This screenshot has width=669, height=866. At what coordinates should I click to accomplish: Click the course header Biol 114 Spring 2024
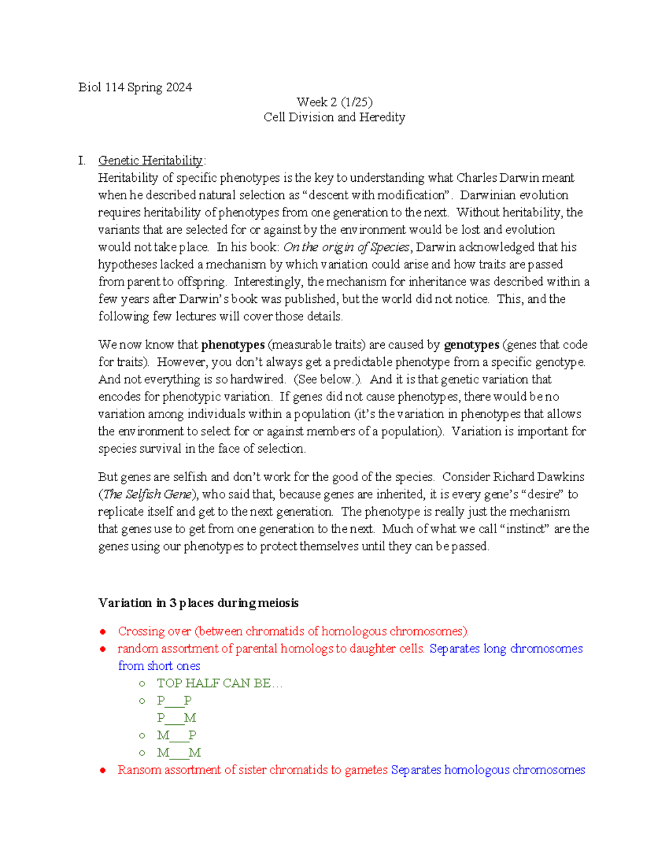(x=135, y=88)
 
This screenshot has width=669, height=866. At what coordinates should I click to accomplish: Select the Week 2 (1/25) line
(x=334, y=102)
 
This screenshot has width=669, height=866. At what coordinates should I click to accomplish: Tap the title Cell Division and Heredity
(x=334, y=117)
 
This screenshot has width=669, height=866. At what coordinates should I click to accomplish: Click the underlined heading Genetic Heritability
(x=150, y=161)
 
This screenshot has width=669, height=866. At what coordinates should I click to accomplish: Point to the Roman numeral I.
(x=82, y=161)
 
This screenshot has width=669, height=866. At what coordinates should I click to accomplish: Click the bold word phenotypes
(x=232, y=345)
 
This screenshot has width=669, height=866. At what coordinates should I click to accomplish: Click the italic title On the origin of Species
(x=346, y=247)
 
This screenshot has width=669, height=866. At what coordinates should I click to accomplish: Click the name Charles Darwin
(x=498, y=178)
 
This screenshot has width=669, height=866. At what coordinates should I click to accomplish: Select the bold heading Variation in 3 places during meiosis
(x=198, y=603)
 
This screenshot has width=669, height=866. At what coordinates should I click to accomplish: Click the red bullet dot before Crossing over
(x=103, y=632)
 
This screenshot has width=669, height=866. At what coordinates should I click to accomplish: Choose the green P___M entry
(x=176, y=718)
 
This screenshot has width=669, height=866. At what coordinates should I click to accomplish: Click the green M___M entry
(x=178, y=753)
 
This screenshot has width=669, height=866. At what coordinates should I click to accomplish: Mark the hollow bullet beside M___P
(x=142, y=736)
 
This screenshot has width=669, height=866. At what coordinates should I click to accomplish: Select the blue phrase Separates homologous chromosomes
(x=488, y=770)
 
